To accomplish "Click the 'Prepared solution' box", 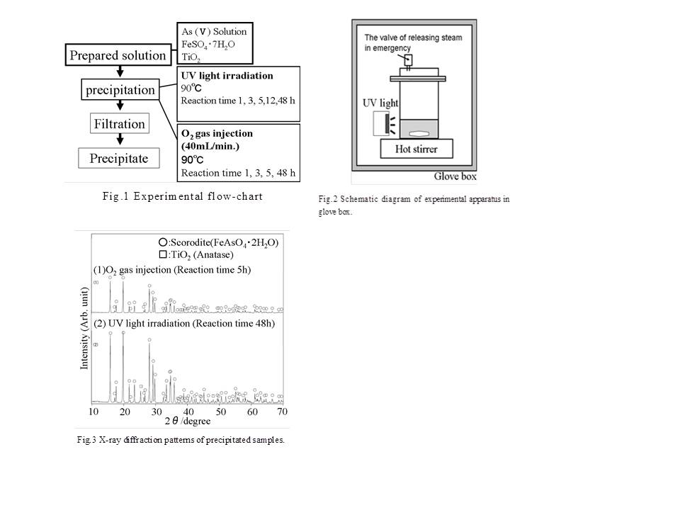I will click(117, 55).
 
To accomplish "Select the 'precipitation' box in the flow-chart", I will click(120, 90).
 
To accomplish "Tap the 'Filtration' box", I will click(119, 124).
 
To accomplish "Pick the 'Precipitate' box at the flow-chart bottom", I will click(119, 158).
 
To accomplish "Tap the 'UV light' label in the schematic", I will click(380, 103).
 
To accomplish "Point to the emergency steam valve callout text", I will click(398, 42).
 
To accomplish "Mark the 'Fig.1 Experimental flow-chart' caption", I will click(182, 196).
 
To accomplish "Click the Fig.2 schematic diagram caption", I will click(413, 205).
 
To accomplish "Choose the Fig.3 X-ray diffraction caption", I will click(181, 440).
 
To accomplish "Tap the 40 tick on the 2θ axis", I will click(188, 412).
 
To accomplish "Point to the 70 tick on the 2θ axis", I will click(282, 412).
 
